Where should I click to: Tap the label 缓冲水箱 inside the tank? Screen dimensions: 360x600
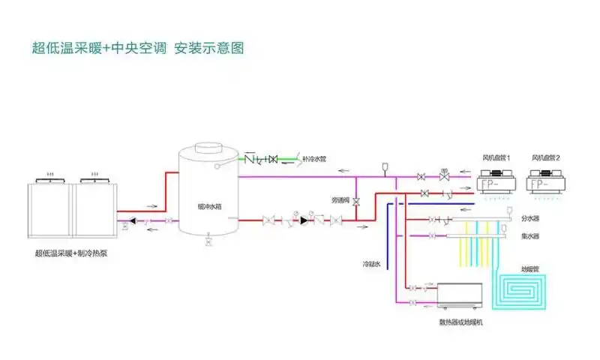(208, 204)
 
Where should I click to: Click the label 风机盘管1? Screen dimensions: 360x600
(496, 158)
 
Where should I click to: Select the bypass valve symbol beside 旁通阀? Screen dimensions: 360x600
(356, 201)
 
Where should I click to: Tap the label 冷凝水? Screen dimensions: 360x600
(372, 264)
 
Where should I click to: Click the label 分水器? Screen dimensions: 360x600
(530, 218)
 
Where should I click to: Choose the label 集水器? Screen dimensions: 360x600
(530, 236)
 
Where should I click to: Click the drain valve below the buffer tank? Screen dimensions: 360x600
(208, 241)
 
